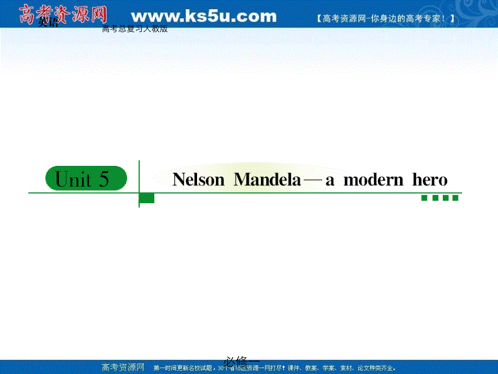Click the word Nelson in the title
(x=198, y=180)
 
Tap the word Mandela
(x=267, y=180)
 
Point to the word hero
(x=430, y=180)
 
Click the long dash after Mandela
(x=313, y=180)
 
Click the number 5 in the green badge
(x=104, y=179)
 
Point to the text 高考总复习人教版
(x=135, y=29)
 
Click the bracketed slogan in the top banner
(x=384, y=18)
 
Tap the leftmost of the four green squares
(x=424, y=198)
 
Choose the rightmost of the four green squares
(x=455, y=198)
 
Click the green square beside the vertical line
(x=147, y=198)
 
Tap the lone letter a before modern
(x=330, y=180)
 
